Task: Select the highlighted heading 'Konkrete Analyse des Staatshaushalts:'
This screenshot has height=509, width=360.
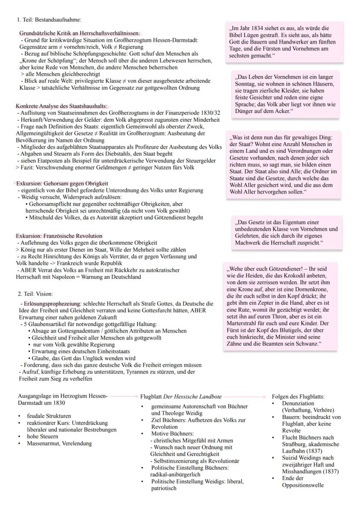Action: [x=61, y=106]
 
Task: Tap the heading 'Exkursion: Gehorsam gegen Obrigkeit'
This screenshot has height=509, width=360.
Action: [x=62, y=184]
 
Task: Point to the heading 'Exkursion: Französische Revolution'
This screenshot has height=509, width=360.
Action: [x=59, y=236]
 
